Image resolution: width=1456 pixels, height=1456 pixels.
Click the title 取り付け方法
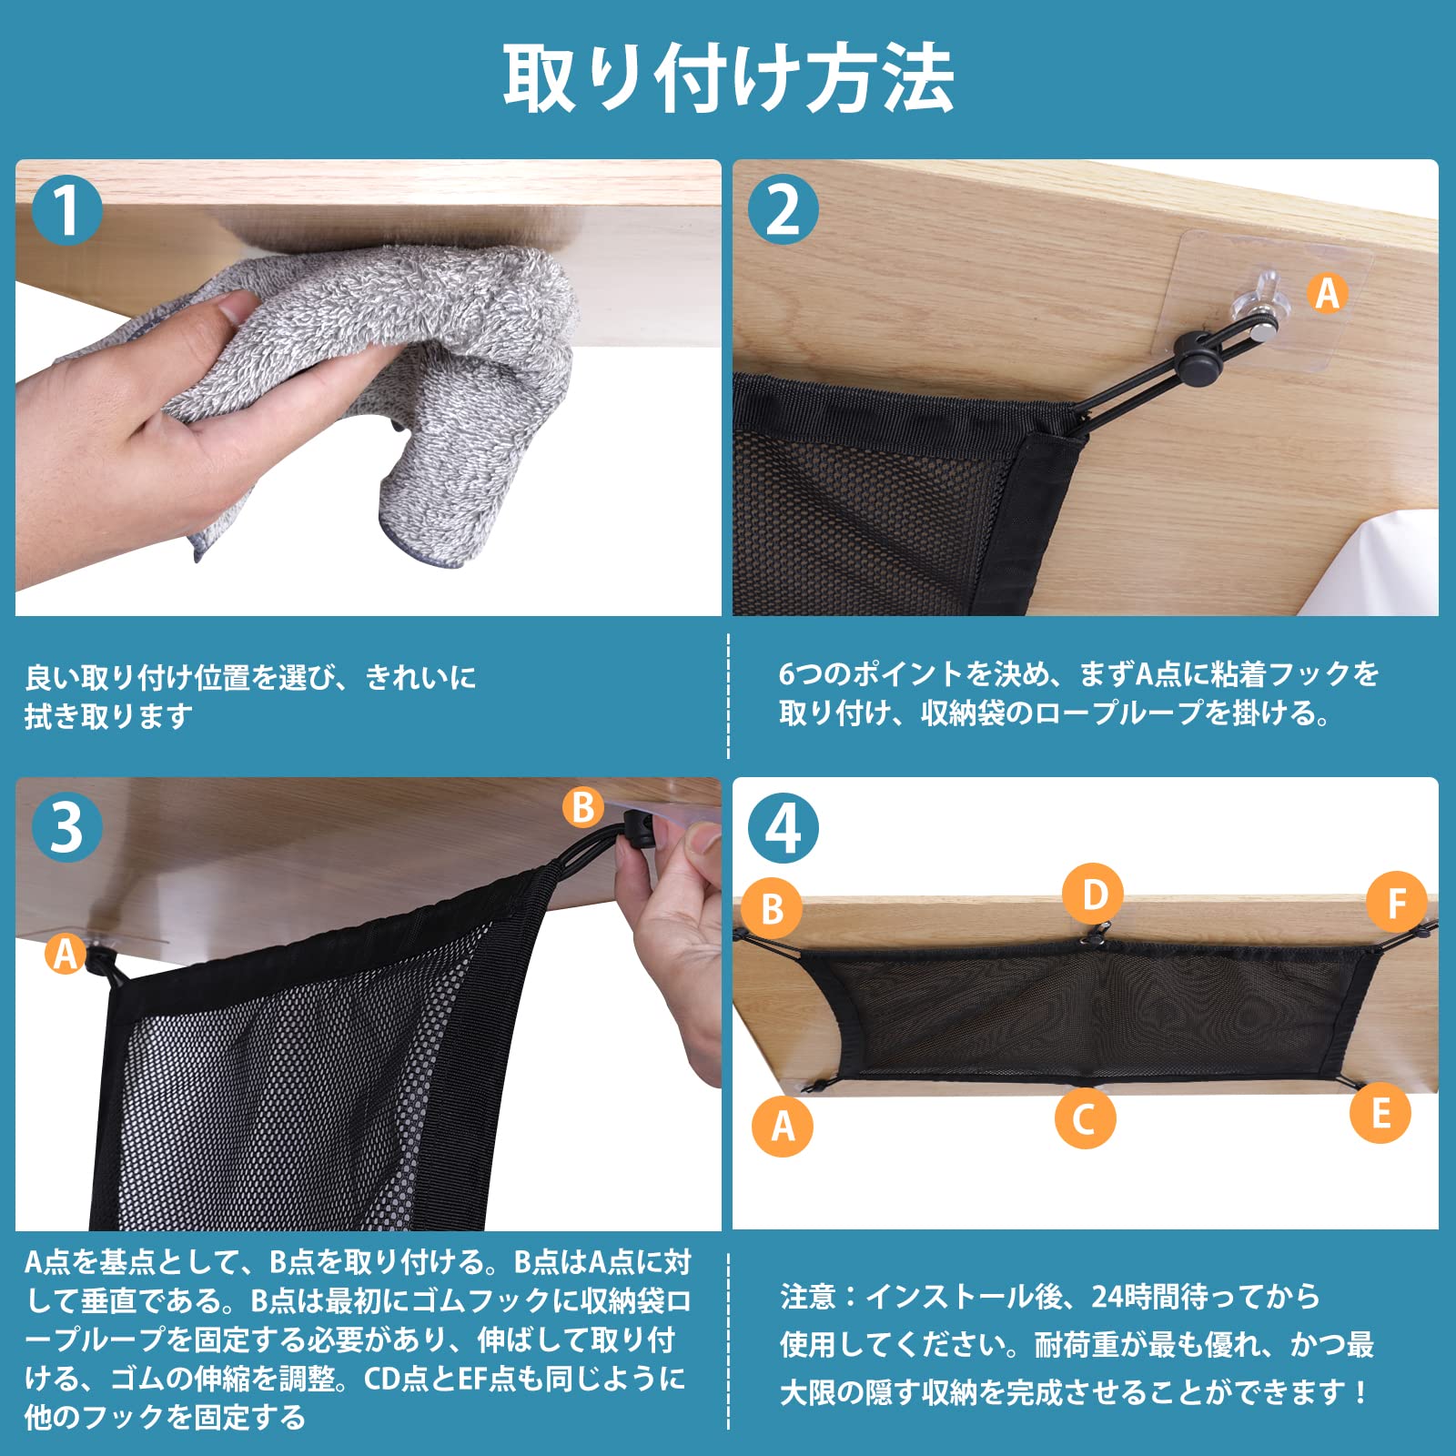728,79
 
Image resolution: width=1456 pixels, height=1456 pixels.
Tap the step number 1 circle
66,210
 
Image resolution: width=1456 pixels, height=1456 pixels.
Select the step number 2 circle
783,210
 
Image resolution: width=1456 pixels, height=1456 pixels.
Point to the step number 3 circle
66,827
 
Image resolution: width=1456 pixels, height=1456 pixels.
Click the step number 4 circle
783,827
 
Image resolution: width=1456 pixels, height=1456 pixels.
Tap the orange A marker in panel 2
1328,294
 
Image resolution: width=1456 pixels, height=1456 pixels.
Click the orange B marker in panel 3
583,806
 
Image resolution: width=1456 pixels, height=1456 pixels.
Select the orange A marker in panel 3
66,954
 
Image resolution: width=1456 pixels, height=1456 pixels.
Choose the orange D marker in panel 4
1094,895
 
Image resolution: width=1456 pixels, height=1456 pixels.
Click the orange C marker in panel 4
1085,1118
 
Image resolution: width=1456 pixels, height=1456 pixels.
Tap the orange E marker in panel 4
1380,1113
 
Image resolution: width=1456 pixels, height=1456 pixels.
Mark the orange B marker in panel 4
772,908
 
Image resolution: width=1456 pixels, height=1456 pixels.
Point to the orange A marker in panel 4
783,1126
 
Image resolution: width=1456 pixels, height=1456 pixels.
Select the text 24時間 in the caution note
1142,1296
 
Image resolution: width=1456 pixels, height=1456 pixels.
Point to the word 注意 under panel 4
807,1296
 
